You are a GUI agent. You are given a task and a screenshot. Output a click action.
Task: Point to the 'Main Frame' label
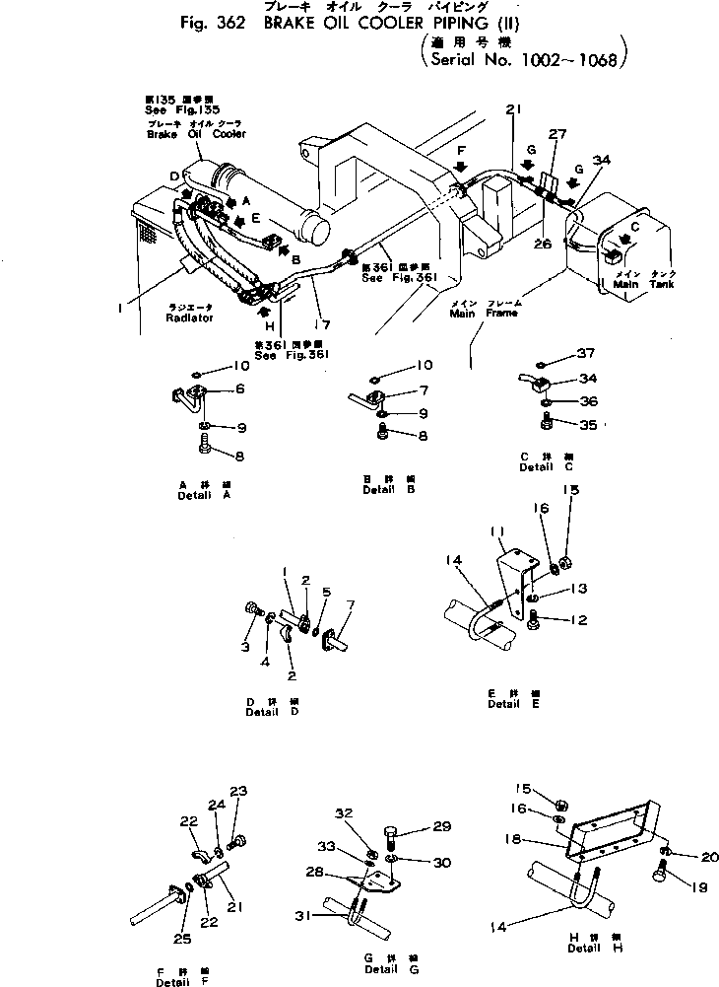click(476, 314)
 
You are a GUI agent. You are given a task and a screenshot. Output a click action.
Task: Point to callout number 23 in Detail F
click(239, 790)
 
